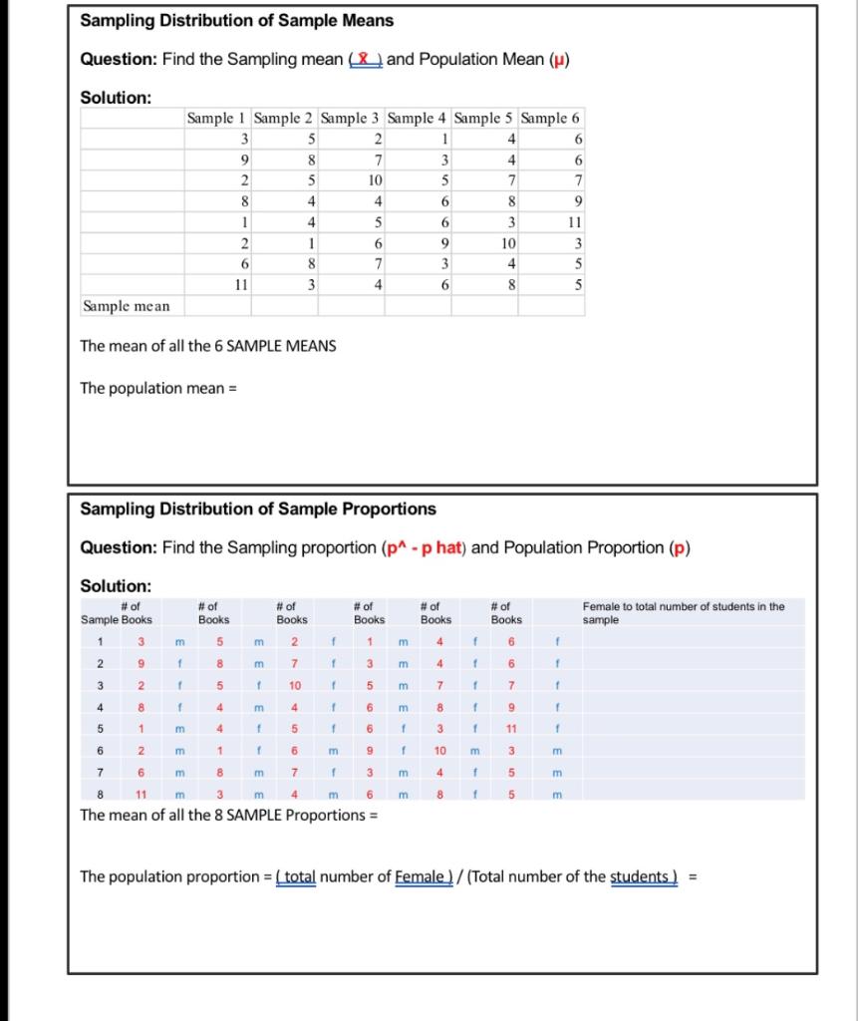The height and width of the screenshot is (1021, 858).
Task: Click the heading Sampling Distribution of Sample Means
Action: pos(236,21)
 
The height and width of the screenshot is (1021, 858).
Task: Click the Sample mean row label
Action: pos(126,306)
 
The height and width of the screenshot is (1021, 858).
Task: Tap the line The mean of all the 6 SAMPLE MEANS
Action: pos(207,346)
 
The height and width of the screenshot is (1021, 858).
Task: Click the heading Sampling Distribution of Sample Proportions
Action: pos(257,510)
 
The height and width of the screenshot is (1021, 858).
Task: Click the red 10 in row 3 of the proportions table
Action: pos(296,685)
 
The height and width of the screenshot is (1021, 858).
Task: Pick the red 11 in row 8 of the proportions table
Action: pos(142,794)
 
